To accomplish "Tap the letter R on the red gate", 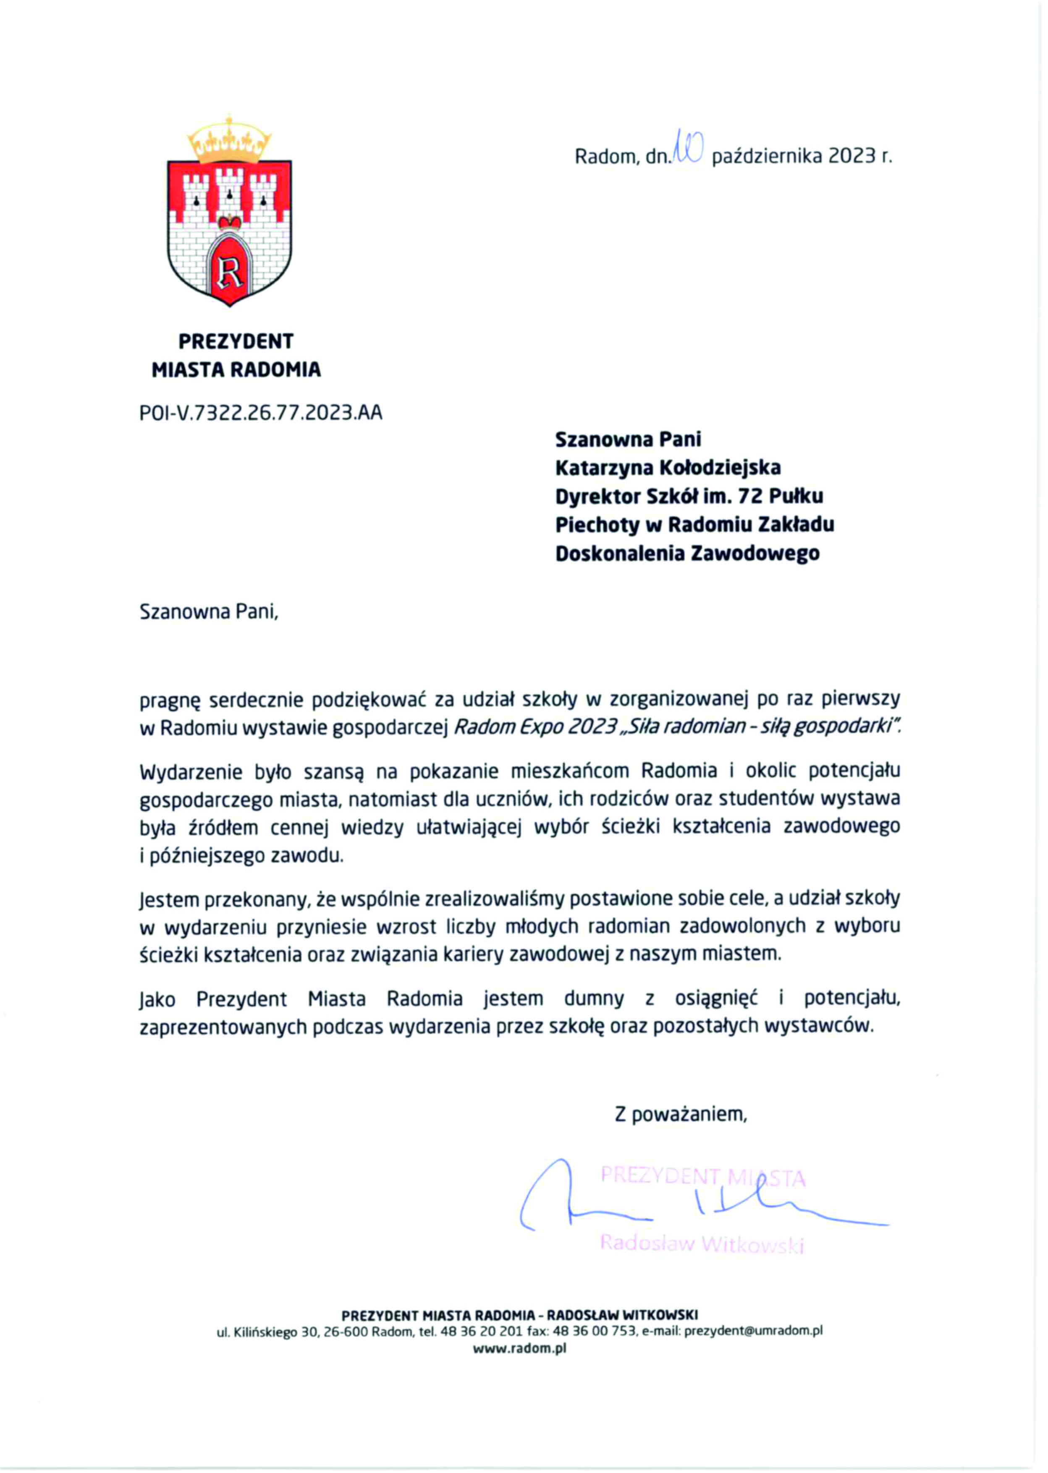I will tap(229, 272).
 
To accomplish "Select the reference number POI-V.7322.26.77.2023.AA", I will tap(261, 412).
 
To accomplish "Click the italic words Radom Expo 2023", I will tap(535, 727).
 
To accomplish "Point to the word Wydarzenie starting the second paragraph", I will tap(191, 772).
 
